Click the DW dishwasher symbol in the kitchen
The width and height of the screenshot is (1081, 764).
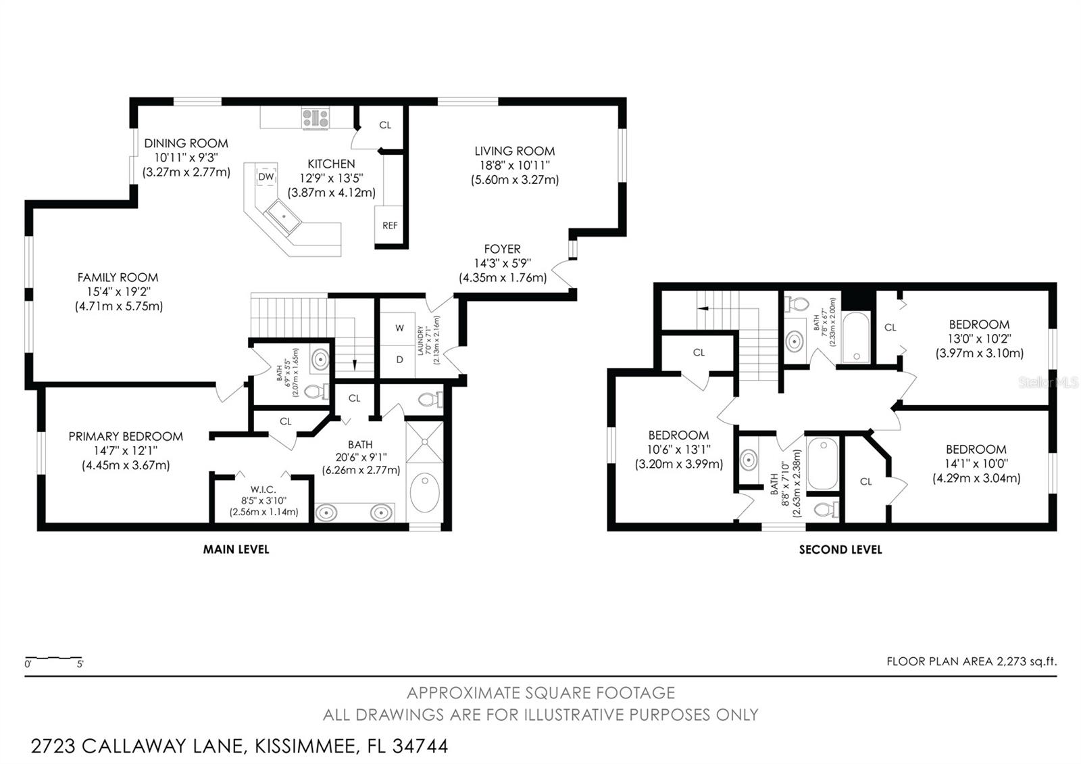coord(266,177)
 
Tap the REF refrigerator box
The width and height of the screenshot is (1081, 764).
coord(390,226)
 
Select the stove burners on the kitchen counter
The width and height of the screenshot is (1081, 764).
coord(316,118)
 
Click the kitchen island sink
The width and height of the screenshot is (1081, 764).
coord(284,215)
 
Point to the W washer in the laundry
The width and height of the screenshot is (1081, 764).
coord(399,328)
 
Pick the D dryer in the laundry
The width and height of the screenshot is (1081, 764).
coord(399,360)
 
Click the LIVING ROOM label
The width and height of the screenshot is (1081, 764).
coord(514,151)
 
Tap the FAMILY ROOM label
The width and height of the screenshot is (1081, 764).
coord(118,277)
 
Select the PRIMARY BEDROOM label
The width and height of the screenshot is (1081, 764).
coord(126,437)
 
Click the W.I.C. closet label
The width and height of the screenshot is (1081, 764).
coord(263,490)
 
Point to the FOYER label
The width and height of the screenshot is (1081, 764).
coord(502,249)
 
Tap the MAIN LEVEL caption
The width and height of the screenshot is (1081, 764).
coord(236,550)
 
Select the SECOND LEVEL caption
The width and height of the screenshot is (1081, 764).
coord(840,550)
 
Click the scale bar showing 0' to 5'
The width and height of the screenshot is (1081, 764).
coord(53,659)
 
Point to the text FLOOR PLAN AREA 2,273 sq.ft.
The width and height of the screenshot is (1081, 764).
coord(971,661)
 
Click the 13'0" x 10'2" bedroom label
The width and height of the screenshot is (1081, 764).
coord(979,339)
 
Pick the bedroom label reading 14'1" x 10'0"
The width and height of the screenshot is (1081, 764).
coord(976,464)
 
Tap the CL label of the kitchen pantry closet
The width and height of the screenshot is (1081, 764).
coord(384,125)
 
